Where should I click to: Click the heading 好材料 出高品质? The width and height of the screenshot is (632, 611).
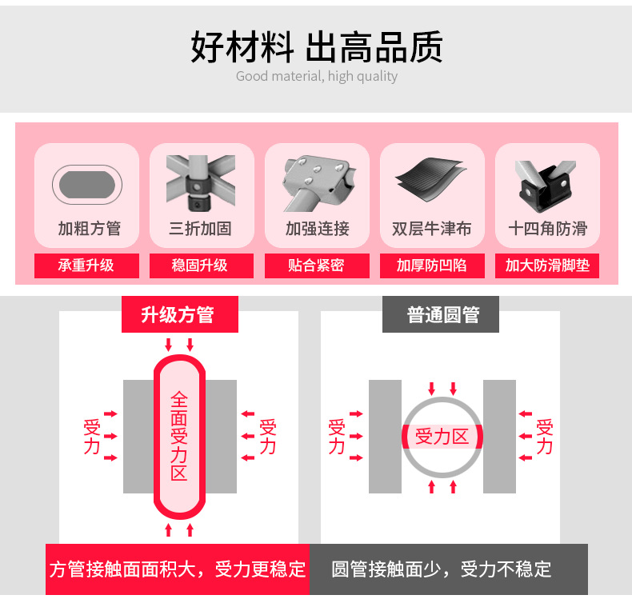(x=317, y=47)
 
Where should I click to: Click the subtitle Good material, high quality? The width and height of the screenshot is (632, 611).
(x=317, y=77)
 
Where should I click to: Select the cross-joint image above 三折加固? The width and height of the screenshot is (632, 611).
(x=201, y=182)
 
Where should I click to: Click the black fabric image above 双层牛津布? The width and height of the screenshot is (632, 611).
(x=431, y=182)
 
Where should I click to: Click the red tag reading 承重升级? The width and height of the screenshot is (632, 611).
(x=86, y=266)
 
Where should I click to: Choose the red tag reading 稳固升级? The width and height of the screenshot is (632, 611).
(x=201, y=266)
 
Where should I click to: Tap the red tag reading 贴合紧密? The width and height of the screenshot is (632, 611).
(x=317, y=266)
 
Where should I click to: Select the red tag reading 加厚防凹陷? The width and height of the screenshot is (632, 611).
(x=431, y=266)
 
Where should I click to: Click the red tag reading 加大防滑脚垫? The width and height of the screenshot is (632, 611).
(x=547, y=266)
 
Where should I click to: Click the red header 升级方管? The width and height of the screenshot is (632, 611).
(x=179, y=314)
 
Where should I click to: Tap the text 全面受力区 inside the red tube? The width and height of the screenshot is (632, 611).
(x=179, y=436)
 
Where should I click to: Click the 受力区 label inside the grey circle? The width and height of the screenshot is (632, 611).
(x=442, y=437)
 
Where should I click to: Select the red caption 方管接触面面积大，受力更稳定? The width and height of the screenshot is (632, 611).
(x=178, y=569)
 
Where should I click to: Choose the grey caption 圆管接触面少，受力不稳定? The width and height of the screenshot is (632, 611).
(x=442, y=569)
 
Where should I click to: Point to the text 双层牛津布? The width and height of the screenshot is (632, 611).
(x=431, y=229)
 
